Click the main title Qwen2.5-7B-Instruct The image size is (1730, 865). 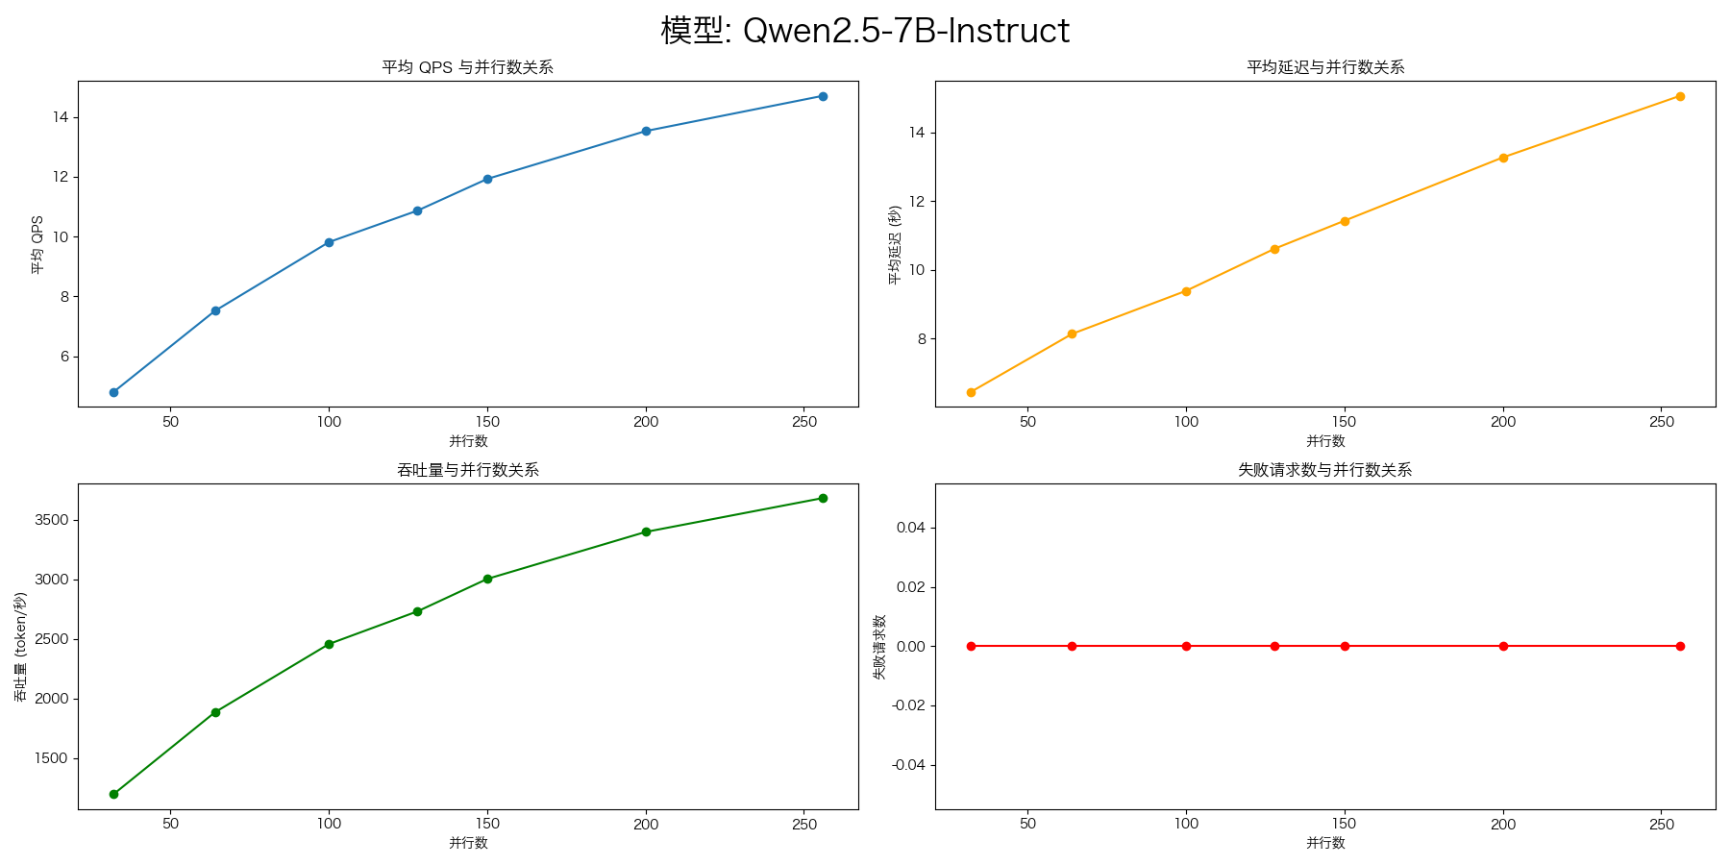tap(865, 31)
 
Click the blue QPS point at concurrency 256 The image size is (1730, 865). tap(823, 96)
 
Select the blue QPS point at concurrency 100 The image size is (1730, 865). tap(329, 242)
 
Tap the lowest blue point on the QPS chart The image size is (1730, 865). tap(113, 392)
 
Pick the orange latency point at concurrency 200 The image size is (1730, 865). tap(1503, 158)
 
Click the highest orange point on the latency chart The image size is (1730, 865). tap(1680, 96)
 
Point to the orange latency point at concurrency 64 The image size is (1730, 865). tap(1072, 334)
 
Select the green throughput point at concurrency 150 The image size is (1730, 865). tap(487, 579)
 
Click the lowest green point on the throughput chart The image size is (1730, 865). tap(113, 794)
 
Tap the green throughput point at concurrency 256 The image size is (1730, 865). tap(823, 498)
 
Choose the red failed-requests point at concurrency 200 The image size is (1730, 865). tap(1503, 646)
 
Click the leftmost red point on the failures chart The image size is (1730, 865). tap(971, 646)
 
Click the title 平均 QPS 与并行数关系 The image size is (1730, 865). tap(467, 67)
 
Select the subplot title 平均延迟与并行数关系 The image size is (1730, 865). tap(1325, 67)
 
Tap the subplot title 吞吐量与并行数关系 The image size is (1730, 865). tap(467, 470)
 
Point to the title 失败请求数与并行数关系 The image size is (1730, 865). tap(1325, 470)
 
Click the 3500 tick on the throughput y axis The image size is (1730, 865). tap(51, 520)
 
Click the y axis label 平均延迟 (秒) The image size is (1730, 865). tap(895, 244)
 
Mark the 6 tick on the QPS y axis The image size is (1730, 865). tap(64, 357)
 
